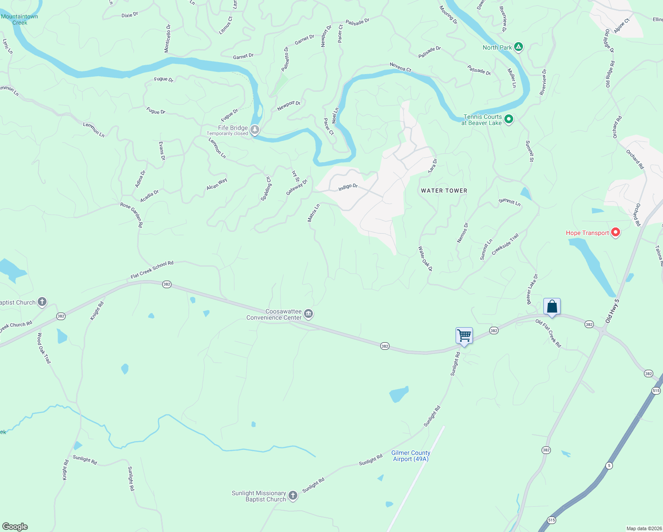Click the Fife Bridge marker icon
(254, 130)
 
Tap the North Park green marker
(519, 47)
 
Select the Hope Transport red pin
(615, 232)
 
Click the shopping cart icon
(464, 336)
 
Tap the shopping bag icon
(552, 306)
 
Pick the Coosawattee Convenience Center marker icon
(309, 314)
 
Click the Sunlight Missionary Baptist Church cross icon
(292, 496)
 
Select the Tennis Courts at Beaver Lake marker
(509, 119)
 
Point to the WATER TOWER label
(444, 191)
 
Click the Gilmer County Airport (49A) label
(411, 456)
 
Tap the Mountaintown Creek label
(19, 20)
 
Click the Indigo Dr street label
(348, 187)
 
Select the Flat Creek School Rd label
(152, 270)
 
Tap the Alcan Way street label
(217, 184)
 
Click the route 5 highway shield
(609, 465)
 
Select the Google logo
(15, 527)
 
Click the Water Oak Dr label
(425, 259)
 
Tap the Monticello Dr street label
(168, 39)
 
